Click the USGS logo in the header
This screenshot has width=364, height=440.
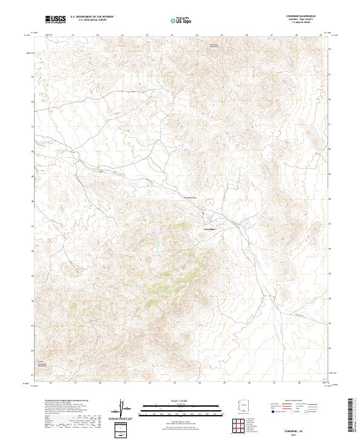click(x=55, y=19)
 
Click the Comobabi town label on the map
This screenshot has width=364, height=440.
click(x=207, y=229)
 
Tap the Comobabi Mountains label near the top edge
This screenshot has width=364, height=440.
click(x=209, y=46)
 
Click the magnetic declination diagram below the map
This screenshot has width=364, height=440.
click(x=122, y=408)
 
